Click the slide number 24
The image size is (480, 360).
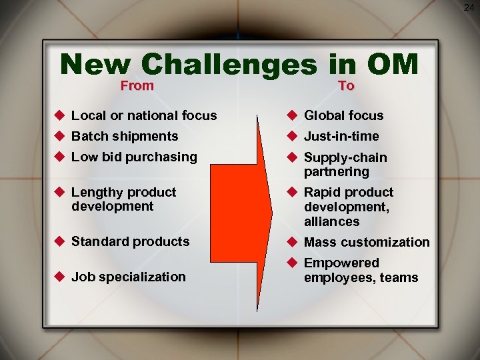[470, 7]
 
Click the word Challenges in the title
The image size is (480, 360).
[229, 65]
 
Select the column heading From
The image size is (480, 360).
[137, 85]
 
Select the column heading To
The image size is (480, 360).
[346, 85]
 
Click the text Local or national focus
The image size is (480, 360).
[144, 115]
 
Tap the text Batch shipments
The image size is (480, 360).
[125, 136]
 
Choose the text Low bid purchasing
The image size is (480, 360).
[134, 157]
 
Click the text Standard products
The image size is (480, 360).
[130, 241]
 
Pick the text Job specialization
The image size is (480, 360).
[129, 277]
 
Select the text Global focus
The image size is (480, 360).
[343, 115]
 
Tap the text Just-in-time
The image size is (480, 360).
[341, 136]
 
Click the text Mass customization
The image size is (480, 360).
[367, 242]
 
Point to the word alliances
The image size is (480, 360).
[331, 221]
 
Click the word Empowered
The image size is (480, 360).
[341, 263]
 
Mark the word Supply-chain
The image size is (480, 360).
[345, 157]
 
